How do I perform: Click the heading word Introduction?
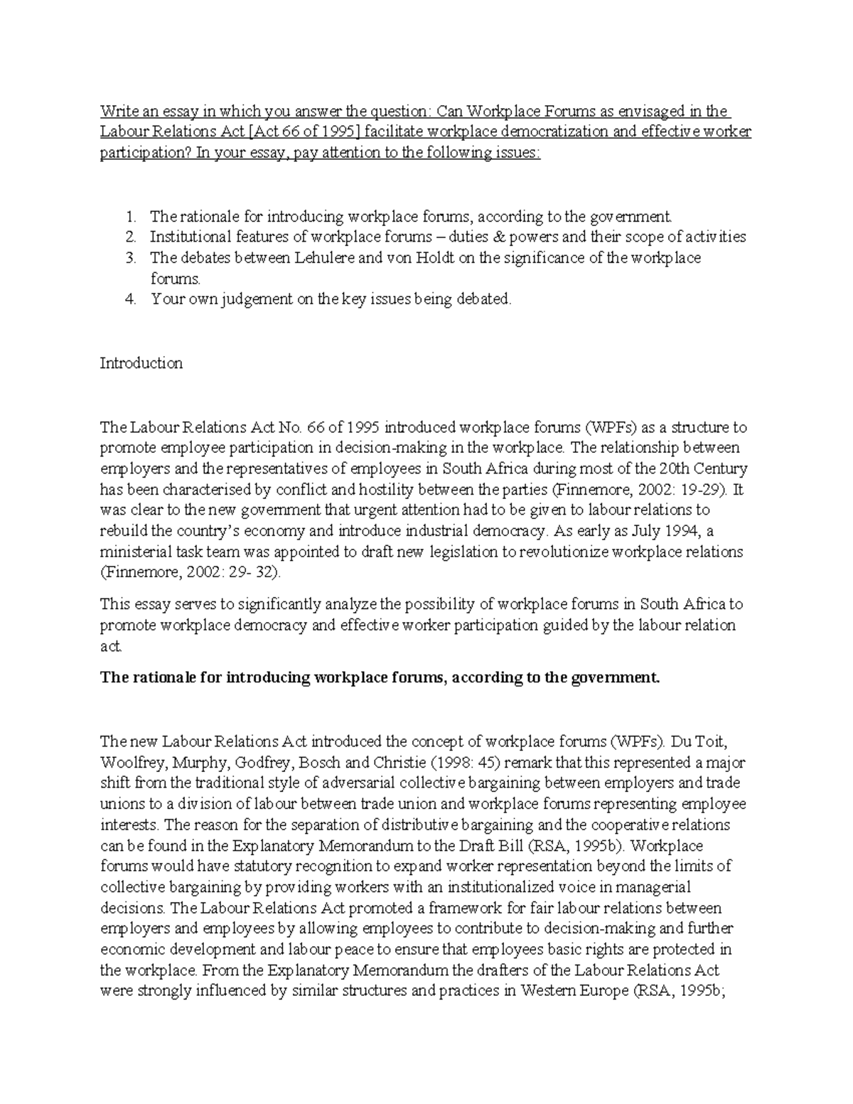pyautogui.click(x=141, y=363)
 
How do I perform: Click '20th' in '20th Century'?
pyautogui.click(x=675, y=468)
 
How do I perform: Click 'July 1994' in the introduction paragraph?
pyautogui.click(x=660, y=530)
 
